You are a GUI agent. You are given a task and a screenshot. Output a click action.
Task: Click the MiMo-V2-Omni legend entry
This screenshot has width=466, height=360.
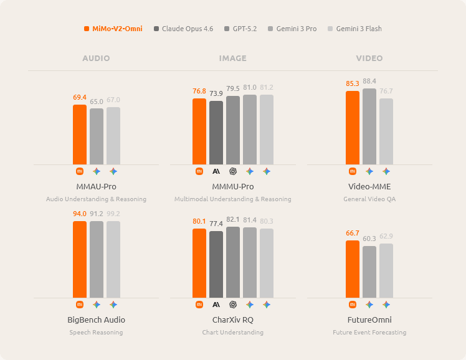(x=113, y=29)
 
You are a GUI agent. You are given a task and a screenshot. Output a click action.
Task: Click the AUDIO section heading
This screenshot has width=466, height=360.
(x=96, y=59)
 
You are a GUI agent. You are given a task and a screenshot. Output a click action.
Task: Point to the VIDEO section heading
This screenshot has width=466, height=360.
(x=369, y=59)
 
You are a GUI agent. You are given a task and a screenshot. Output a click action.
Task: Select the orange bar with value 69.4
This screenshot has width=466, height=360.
(x=80, y=135)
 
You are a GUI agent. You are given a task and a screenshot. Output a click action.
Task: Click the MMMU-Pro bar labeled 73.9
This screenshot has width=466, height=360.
(x=216, y=133)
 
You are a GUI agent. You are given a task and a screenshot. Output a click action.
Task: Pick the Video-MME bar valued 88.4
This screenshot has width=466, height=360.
(x=369, y=126)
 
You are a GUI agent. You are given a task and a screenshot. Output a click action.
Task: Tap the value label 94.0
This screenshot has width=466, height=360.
(x=80, y=214)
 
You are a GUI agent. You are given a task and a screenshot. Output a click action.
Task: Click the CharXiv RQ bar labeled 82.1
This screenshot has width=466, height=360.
(x=233, y=262)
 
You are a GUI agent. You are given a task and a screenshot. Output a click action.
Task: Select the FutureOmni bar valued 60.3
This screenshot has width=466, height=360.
(x=369, y=272)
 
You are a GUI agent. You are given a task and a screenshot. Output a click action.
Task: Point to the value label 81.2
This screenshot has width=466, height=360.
(x=267, y=87)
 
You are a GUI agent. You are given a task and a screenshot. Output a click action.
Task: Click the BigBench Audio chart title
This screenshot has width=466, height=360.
(x=96, y=320)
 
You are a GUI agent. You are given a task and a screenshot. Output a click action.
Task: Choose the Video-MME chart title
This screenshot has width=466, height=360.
(x=369, y=187)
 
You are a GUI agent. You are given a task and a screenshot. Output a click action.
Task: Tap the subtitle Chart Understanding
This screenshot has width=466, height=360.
(x=232, y=333)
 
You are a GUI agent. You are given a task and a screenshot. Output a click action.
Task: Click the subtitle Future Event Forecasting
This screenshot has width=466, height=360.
(x=369, y=333)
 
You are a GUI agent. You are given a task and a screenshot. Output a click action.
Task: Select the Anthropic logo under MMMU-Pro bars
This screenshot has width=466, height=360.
(x=216, y=171)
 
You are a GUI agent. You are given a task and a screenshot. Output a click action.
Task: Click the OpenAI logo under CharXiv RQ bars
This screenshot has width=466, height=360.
(x=233, y=305)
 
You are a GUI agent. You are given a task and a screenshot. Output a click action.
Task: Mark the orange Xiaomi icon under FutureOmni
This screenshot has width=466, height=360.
(x=353, y=305)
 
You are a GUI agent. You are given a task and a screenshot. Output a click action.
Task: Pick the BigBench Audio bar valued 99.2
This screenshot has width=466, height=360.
(x=113, y=259)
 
